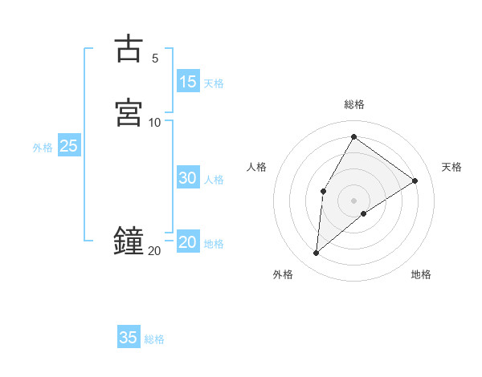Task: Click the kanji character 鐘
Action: coord(129,240)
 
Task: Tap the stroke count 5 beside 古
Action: coord(155,58)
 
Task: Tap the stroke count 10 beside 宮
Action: coord(155,122)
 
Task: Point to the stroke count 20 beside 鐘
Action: coord(154,251)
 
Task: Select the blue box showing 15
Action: coord(188,82)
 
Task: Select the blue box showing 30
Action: coord(188,178)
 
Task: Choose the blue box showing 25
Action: coord(68,146)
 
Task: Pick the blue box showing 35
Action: coord(129,338)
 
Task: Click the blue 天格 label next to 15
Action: coord(214,83)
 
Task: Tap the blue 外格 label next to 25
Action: coord(43,148)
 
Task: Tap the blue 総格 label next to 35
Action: coord(154,339)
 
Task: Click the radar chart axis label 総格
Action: coord(353,104)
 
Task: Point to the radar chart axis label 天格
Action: coord(451,167)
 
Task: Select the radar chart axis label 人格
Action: coord(256,167)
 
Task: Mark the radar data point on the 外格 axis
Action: coord(317,253)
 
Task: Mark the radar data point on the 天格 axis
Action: coord(415,180)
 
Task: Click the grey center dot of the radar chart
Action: coord(353,200)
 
